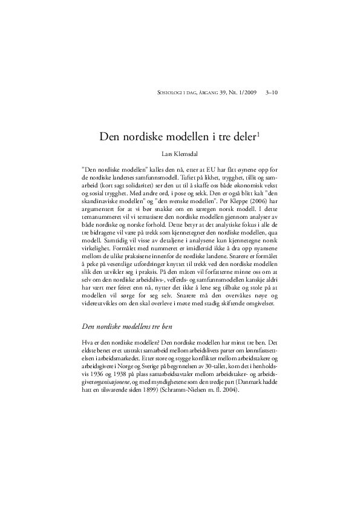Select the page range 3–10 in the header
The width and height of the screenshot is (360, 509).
click(x=272, y=93)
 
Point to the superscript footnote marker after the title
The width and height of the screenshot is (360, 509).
click(x=258, y=133)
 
